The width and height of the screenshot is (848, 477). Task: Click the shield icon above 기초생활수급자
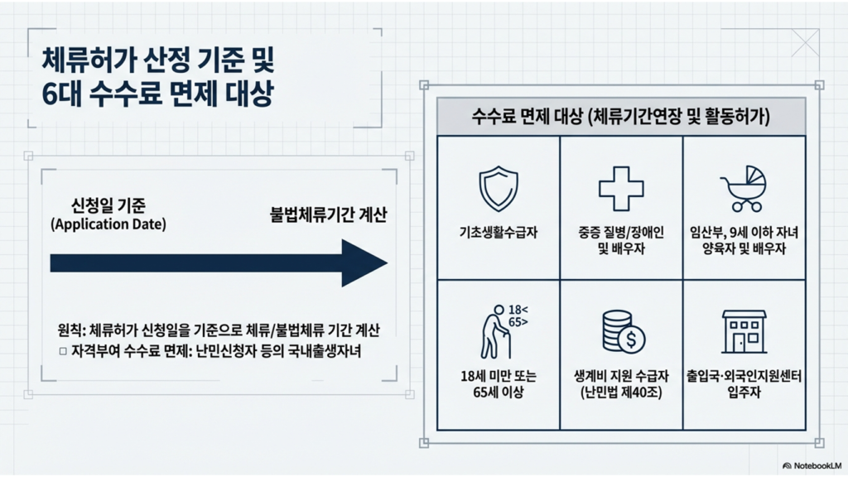tap(499, 188)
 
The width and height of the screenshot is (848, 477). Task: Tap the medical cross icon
tap(621, 188)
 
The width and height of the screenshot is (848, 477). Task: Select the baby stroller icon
tap(743, 188)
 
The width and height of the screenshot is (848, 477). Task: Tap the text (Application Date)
tap(108, 224)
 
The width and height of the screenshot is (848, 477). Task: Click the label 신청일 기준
tap(108, 205)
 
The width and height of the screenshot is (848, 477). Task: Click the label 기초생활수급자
tap(499, 233)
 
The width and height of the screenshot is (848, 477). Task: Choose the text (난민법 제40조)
tap(621, 393)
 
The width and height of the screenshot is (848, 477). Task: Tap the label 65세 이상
tap(499, 393)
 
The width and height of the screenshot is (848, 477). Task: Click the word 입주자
tap(744, 393)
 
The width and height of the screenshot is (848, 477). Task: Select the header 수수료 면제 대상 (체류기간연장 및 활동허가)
tap(621, 118)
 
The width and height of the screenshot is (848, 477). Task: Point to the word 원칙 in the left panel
tap(65, 330)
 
